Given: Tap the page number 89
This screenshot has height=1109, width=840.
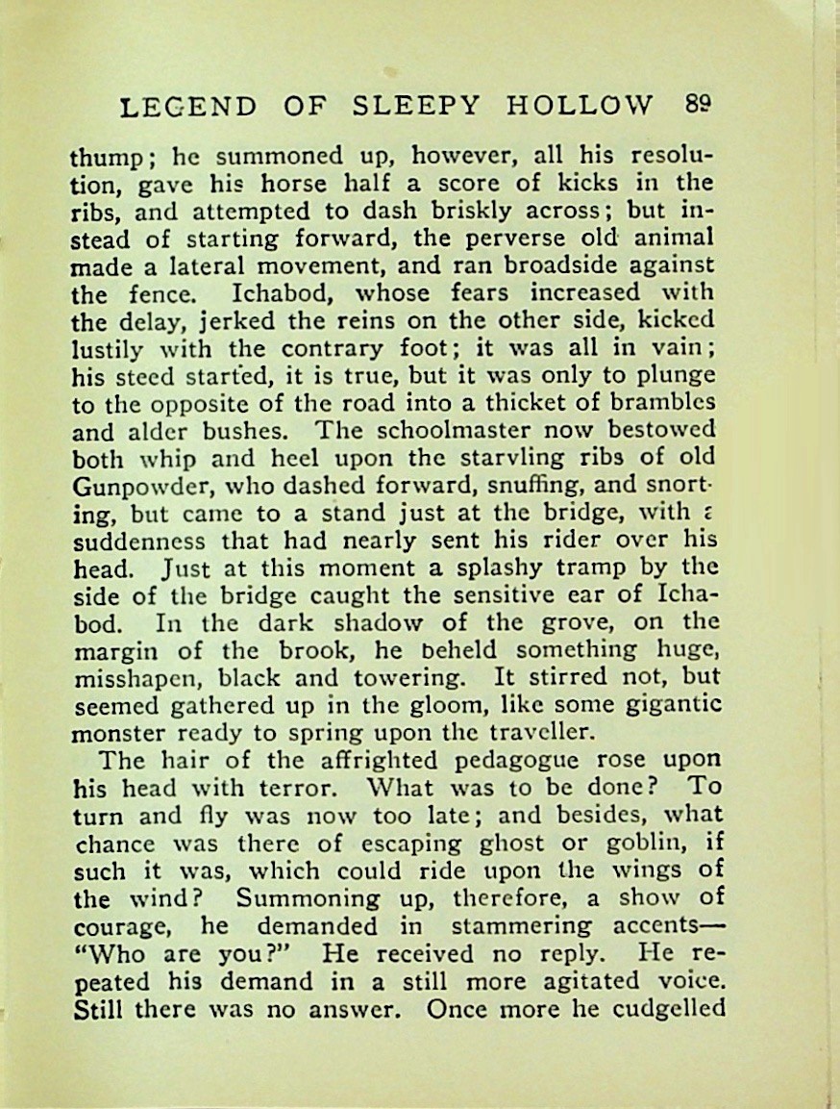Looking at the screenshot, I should (x=704, y=102).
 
